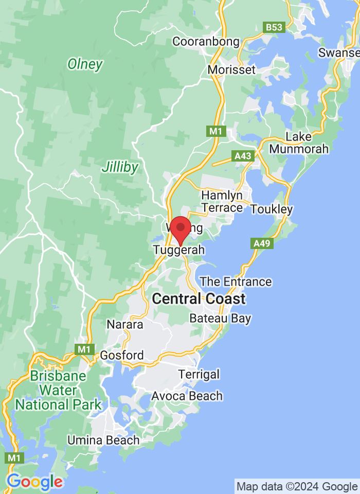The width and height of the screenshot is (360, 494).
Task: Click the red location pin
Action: pos(180,230)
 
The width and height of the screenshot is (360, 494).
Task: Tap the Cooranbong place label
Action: pos(206,42)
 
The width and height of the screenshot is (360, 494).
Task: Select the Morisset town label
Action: pos(231,69)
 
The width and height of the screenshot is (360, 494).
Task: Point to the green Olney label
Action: pos(85,64)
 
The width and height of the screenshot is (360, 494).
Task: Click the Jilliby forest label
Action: pos(120,167)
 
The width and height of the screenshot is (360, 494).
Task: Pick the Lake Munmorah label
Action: pos(299,143)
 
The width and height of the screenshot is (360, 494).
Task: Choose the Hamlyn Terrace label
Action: pos(222,202)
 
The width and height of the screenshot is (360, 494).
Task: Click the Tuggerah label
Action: pos(179,250)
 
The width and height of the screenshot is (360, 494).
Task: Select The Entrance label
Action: pos(236,281)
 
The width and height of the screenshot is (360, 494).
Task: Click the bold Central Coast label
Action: pos(199,298)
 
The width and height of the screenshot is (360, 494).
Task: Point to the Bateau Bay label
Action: pos(220,318)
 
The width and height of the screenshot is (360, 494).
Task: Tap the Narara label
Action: pos(125,325)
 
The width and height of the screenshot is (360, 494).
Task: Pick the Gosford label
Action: pos(122,356)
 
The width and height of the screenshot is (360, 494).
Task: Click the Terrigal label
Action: pos(199,374)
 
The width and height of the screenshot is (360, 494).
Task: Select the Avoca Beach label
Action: pos(187,396)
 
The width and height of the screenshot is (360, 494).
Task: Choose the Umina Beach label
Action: pos(103,440)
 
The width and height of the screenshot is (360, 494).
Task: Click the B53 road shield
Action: pos(274,27)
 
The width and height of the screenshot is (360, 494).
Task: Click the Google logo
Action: pos(34,482)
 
